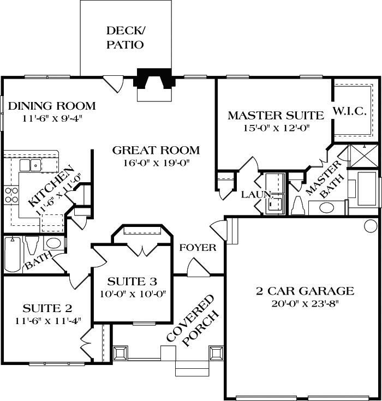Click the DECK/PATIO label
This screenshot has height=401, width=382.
(x=125, y=38)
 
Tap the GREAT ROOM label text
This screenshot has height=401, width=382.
(x=156, y=150)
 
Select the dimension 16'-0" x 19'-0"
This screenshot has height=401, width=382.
(x=156, y=163)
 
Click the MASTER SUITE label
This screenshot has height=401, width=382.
(x=276, y=116)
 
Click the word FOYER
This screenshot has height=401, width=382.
(x=198, y=248)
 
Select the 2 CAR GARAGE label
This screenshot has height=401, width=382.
(x=305, y=291)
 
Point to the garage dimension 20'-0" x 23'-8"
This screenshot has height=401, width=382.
(x=305, y=304)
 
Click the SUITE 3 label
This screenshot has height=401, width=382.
(x=132, y=282)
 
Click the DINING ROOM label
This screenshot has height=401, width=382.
(x=52, y=106)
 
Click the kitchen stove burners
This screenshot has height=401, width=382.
(x=11, y=195)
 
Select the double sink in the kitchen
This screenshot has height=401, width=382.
(x=31, y=165)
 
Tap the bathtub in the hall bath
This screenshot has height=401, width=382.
(x=13, y=255)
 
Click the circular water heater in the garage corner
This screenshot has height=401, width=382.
(x=371, y=225)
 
